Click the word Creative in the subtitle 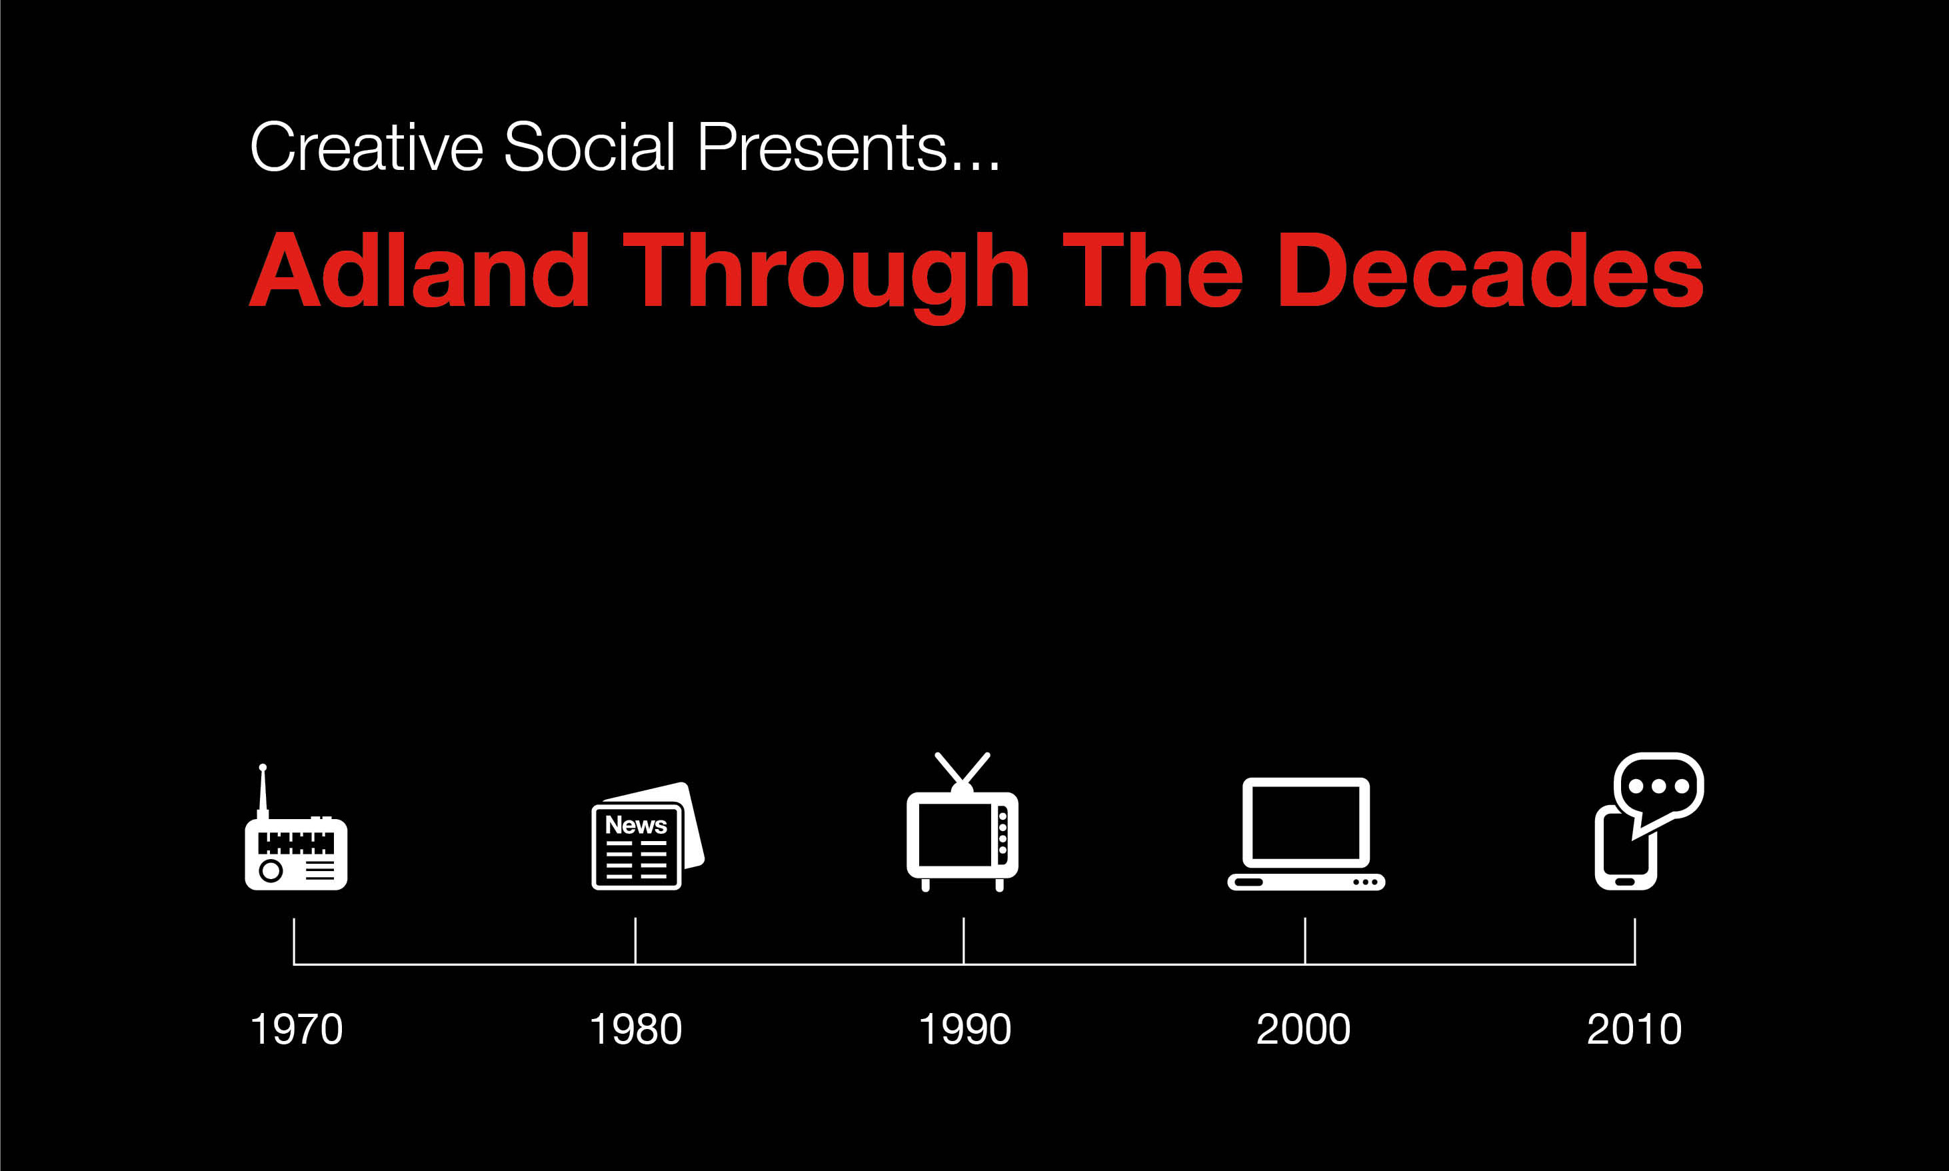point(366,147)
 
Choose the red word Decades point(1490,270)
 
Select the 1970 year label point(296,1029)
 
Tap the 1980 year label point(635,1029)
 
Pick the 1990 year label point(965,1029)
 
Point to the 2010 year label point(1634,1029)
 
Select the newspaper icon point(647,836)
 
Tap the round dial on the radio point(271,870)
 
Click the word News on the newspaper point(636,824)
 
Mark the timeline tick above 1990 point(963,940)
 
